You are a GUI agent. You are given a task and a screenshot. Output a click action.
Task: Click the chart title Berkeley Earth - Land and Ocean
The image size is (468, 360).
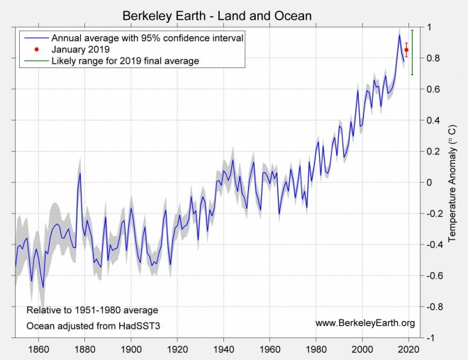point(217,16)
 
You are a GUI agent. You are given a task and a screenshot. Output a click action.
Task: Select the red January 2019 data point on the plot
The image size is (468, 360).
point(406,50)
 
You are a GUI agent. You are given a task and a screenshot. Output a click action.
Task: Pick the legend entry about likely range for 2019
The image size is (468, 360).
point(125,61)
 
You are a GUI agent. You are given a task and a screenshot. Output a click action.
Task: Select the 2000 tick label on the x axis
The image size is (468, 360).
point(363,349)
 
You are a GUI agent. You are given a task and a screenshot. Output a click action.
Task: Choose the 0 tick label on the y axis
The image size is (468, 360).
point(428,182)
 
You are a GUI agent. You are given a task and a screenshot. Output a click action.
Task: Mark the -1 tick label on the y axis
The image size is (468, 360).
point(430,338)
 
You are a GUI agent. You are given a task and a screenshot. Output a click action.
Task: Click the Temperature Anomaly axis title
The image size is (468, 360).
point(452,183)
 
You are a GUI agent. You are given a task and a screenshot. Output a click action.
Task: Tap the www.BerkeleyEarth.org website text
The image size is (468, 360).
point(364,323)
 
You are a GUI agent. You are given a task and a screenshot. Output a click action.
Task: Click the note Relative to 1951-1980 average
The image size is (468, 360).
point(92,310)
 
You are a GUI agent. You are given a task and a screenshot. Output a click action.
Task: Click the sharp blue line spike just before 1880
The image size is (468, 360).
point(80,173)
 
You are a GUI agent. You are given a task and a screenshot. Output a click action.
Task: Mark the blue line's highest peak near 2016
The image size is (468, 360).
point(399,35)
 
